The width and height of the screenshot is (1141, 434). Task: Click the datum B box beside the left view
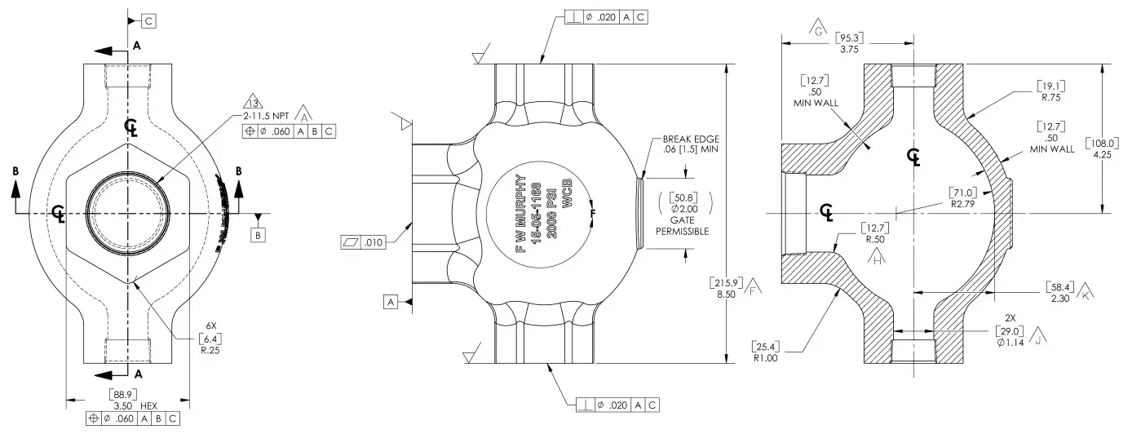259,235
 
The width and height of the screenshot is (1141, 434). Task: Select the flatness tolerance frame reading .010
363,242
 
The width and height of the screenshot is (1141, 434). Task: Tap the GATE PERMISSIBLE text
682,226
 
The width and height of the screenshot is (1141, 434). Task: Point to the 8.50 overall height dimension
725,295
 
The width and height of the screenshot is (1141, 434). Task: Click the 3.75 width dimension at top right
848,49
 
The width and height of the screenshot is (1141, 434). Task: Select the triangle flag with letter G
819,31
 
